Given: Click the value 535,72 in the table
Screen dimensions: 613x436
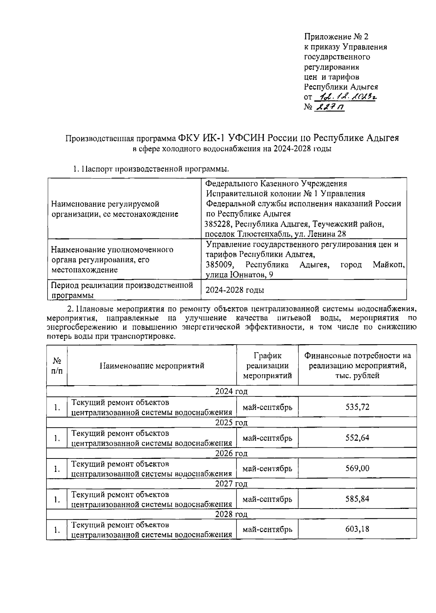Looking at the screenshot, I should click(357, 407).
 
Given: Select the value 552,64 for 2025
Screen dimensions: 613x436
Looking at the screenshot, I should click(357, 438).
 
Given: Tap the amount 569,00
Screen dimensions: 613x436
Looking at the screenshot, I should click(357, 468).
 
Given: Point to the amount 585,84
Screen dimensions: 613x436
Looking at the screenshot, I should click(357, 499).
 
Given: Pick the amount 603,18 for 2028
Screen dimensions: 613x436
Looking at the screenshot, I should click(357, 529).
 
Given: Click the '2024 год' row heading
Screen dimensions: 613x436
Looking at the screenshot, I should click(231, 391).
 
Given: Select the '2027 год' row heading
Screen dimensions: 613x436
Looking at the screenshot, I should click(231, 484).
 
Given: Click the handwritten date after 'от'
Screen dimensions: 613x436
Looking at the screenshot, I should click(345, 97).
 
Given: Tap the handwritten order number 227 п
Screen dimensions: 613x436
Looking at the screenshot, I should click(331, 107).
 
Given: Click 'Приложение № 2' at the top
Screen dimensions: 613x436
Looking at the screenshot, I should click(336, 37).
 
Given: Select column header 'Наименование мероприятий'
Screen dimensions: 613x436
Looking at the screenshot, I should click(152, 366).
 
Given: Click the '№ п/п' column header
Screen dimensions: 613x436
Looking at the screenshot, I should click(57, 366).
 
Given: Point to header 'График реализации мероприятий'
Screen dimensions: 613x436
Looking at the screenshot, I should click(267, 366).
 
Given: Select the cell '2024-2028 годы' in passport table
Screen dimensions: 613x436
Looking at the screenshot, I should click(235, 290).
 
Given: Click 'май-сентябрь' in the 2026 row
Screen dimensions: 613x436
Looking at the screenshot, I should click(267, 468).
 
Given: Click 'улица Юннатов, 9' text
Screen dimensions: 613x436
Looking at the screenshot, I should click(239, 275).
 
